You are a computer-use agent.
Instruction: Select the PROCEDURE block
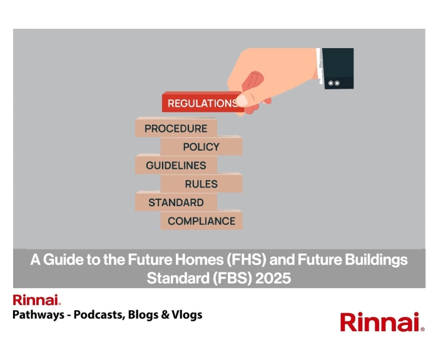(x=176, y=128)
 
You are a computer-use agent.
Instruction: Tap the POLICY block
(x=201, y=147)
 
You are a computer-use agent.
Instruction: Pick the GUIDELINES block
(x=176, y=166)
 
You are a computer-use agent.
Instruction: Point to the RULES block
(x=201, y=184)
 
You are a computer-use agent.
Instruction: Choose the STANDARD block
(x=176, y=202)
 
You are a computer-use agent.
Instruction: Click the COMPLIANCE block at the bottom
(x=201, y=221)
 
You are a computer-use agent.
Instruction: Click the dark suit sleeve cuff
(x=339, y=68)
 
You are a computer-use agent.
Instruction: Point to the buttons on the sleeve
(x=334, y=82)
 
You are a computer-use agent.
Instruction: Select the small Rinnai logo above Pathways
(x=36, y=300)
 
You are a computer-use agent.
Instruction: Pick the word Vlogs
(x=187, y=315)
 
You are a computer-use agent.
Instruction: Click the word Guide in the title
(x=59, y=259)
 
